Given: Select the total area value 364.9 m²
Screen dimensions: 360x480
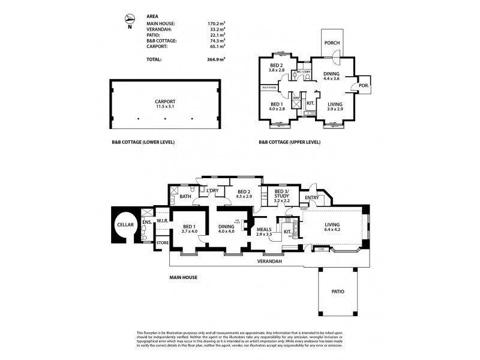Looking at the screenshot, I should tap(215, 59).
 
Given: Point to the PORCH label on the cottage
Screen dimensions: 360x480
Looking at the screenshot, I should tap(332, 44).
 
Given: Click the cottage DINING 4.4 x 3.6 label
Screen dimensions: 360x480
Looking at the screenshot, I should tap(332, 76).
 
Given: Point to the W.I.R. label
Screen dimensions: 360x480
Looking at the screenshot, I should tap(162, 220).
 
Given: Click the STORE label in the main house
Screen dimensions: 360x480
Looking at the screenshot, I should tap(162, 242).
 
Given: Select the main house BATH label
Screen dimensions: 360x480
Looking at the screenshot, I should tap(185, 196).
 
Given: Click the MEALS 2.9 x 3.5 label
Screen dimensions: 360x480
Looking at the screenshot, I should tap(264, 232).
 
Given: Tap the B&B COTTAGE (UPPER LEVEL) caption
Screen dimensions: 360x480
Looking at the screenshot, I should tap(290, 142).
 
